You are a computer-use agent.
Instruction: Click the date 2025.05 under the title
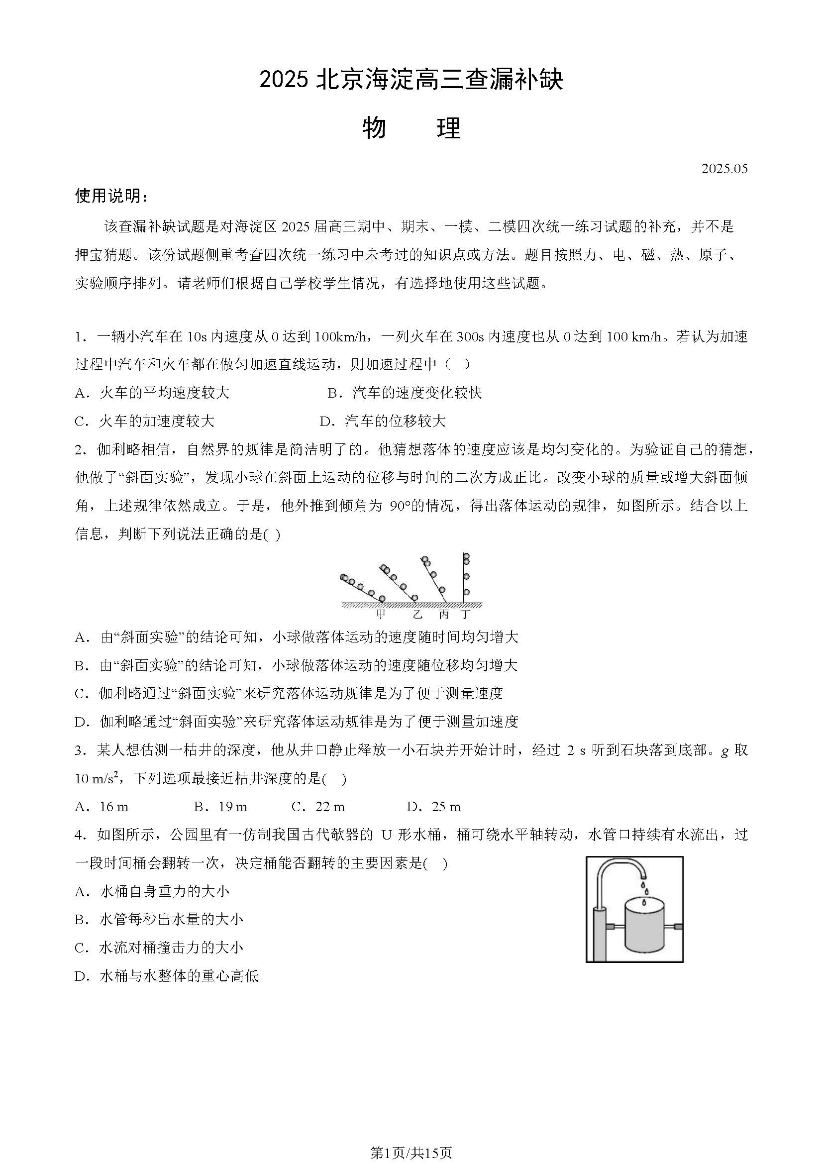(x=724, y=169)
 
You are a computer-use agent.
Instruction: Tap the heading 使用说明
(x=111, y=196)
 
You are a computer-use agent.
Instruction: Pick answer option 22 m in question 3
(x=318, y=807)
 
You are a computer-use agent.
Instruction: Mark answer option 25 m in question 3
(x=434, y=807)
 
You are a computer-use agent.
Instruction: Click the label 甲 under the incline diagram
(x=381, y=615)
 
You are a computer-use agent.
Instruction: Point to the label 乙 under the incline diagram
(x=417, y=615)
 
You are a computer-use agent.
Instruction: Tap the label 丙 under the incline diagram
(x=443, y=615)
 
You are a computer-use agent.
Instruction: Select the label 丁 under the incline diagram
(x=465, y=615)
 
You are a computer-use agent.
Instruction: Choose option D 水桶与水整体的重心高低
(x=167, y=976)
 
